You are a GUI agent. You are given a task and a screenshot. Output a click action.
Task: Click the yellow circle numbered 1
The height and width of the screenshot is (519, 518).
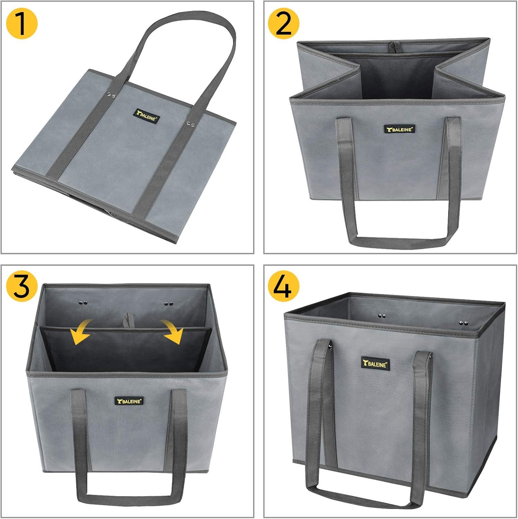click(x=22, y=23)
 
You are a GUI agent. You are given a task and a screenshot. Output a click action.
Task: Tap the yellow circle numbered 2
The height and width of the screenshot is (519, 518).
click(x=284, y=23)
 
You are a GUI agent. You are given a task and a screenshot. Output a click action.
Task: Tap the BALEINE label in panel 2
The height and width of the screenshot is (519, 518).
click(x=399, y=129)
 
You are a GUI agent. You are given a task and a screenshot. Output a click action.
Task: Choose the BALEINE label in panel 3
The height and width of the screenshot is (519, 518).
click(x=129, y=401)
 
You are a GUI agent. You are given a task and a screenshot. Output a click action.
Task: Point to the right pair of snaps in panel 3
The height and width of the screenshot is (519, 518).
click(x=169, y=304)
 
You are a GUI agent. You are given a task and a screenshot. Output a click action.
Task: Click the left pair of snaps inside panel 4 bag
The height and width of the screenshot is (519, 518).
click(x=382, y=316)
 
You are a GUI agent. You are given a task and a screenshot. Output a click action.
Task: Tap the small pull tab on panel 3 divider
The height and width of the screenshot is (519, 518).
click(x=129, y=319)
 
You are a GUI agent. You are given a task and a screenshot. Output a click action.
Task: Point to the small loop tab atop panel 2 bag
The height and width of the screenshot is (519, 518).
click(x=392, y=47)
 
